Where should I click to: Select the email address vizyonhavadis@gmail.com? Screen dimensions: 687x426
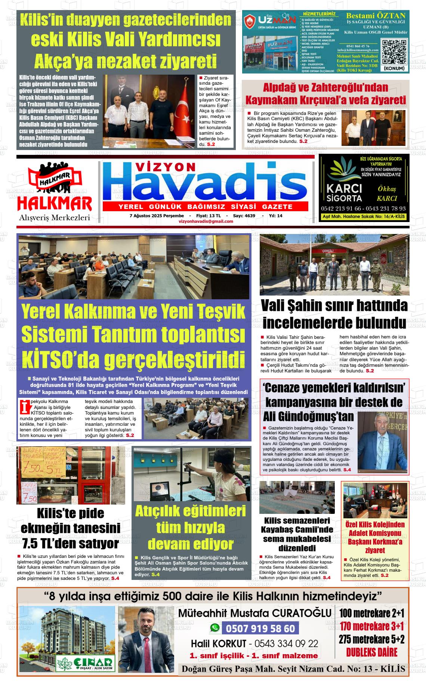[206, 221]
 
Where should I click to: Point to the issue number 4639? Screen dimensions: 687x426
[250, 216]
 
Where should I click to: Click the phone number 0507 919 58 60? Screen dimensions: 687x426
[260, 629]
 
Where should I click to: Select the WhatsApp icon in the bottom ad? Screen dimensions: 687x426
[215, 628]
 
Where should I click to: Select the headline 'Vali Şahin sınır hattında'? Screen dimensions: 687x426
[334, 306]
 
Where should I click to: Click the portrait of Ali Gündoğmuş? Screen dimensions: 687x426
[382, 443]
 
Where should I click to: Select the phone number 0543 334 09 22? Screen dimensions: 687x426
[286, 644]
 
